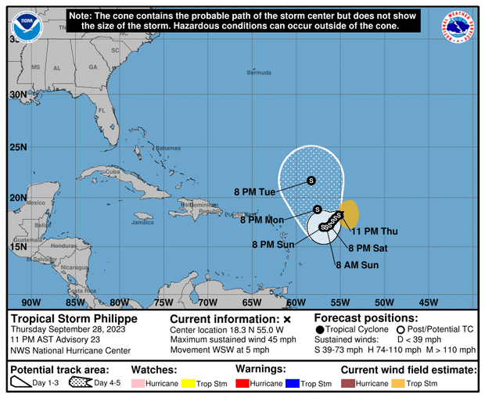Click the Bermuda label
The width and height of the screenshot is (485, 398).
point(258,73)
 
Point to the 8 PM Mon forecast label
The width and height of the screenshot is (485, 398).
point(262,221)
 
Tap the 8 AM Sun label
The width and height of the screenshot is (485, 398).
point(357,265)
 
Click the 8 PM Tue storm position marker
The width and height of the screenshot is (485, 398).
point(311,181)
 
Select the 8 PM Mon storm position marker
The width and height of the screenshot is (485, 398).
point(317,210)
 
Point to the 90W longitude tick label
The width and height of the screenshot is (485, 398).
point(31,303)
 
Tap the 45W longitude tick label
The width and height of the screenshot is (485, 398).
point(429,303)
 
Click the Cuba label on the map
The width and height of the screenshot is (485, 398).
point(113,171)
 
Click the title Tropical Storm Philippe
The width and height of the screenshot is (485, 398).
point(74,319)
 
